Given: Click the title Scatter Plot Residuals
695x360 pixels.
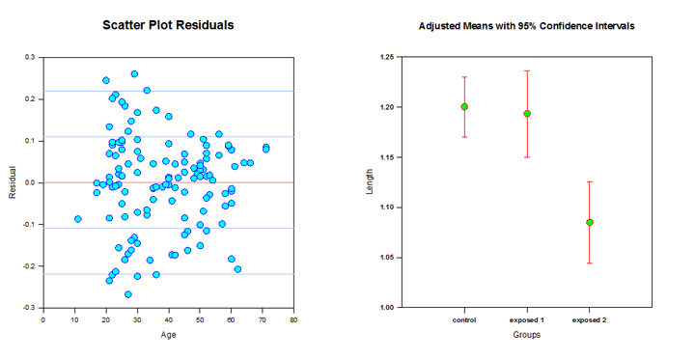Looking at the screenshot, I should pyautogui.click(x=168, y=25).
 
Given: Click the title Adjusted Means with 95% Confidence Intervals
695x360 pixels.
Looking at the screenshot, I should pyautogui.click(x=526, y=26).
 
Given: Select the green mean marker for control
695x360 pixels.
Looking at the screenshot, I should pyautogui.click(x=464, y=107).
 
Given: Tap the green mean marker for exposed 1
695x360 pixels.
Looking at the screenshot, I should pyautogui.click(x=527, y=114).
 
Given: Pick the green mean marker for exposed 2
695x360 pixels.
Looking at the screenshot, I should pyautogui.click(x=589, y=222).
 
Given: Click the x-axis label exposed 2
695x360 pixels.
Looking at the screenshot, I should pyautogui.click(x=589, y=319).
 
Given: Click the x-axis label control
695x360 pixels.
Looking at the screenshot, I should pyautogui.click(x=464, y=319).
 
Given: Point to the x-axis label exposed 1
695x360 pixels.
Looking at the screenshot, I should pyautogui.click(x=527, y=319).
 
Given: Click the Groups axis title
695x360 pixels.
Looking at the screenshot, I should pyautogui.click(x=526, y=335).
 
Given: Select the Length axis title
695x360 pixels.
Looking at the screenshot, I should pyautogui.click(x=370, y=182).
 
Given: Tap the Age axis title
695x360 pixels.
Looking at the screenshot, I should pyautogui.click(x=169, y=335).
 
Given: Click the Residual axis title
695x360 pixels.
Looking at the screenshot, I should pyautogui.click(x=13, y=182).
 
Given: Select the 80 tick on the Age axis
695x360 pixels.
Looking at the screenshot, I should pyautogui.click(x=293, y=318).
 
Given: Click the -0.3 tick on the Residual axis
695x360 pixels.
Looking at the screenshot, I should pyautogui.click(x=31, y=307).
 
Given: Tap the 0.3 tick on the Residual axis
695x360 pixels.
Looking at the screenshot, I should pyautogui.click(x=33, y=58).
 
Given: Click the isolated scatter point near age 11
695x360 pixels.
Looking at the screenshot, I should pyautogui.click(x=78, y=219).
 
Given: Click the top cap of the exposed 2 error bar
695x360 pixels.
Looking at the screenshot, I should pyautogui.click(x=589, y=181).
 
